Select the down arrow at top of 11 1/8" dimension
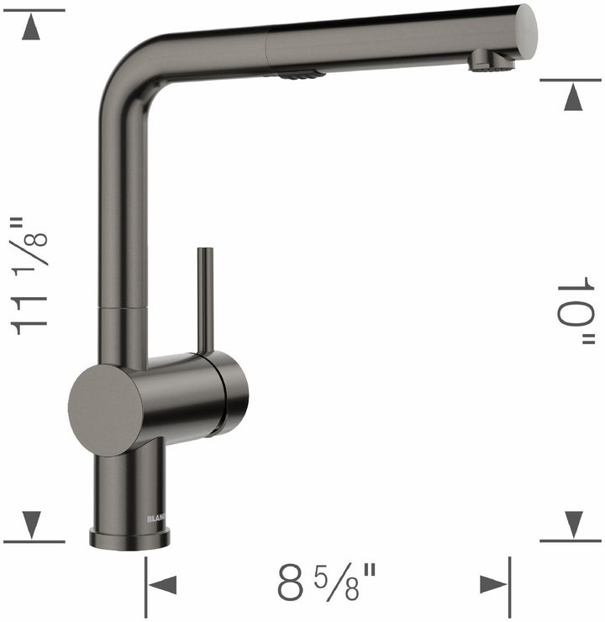(32, 29)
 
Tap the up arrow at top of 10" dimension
(573, 99)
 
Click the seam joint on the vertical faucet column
(124, 308)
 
